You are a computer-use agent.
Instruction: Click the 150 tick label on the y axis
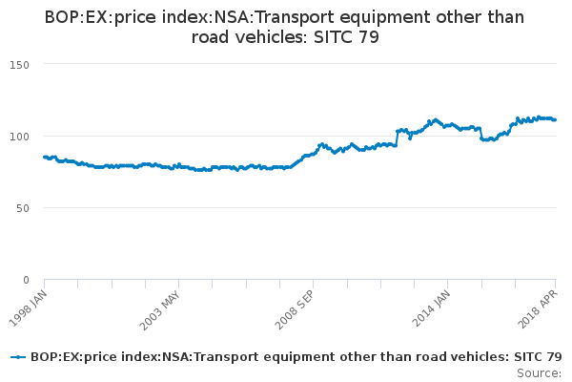point(21,64)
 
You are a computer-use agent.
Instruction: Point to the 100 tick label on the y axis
point(21,136)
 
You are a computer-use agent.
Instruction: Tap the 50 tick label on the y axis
point(24,207)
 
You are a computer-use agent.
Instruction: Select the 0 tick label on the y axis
point(27,279)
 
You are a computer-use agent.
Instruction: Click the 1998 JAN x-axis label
point(28,304)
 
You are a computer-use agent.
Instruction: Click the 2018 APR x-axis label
point(540,304)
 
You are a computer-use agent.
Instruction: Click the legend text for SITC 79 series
point(296,357)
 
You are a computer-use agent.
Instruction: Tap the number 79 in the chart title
point(368,38)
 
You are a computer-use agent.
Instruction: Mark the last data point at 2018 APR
point(556,119)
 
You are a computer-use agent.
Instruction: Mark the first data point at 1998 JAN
point(45,157)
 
